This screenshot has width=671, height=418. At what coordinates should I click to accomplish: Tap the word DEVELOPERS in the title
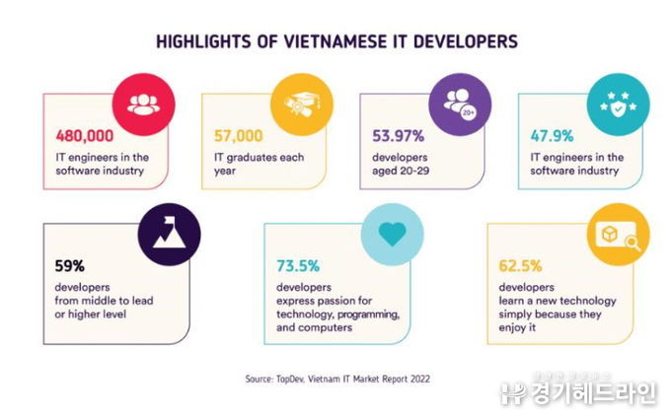464,42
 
